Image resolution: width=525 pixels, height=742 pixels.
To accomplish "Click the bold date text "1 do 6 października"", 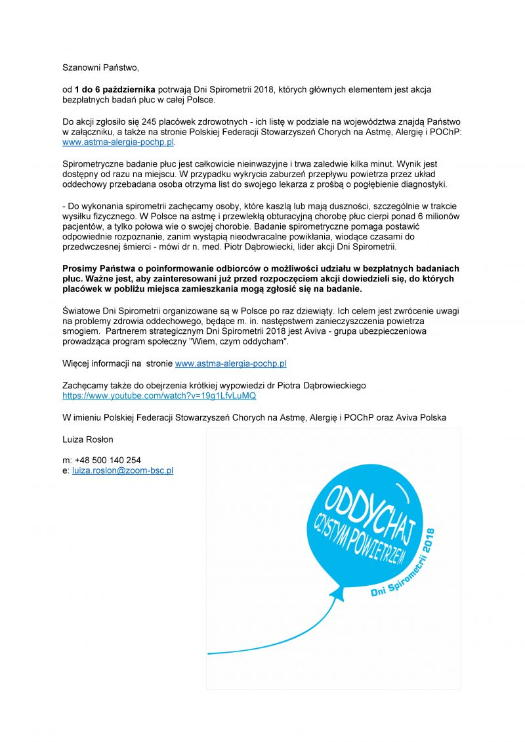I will pyautogui.click(x=115, y=89).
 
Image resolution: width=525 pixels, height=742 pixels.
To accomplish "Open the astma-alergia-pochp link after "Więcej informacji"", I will pyautogui.click(x=230, y=363).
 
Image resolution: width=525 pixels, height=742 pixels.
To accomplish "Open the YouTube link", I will pyautogui.click(x=159, y=396).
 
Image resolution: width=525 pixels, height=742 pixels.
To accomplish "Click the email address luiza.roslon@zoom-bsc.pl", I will pyautogui.click(x=122, y=470).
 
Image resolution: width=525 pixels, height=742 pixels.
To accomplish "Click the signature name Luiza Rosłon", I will pyautogui.click(x=88, y=439).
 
